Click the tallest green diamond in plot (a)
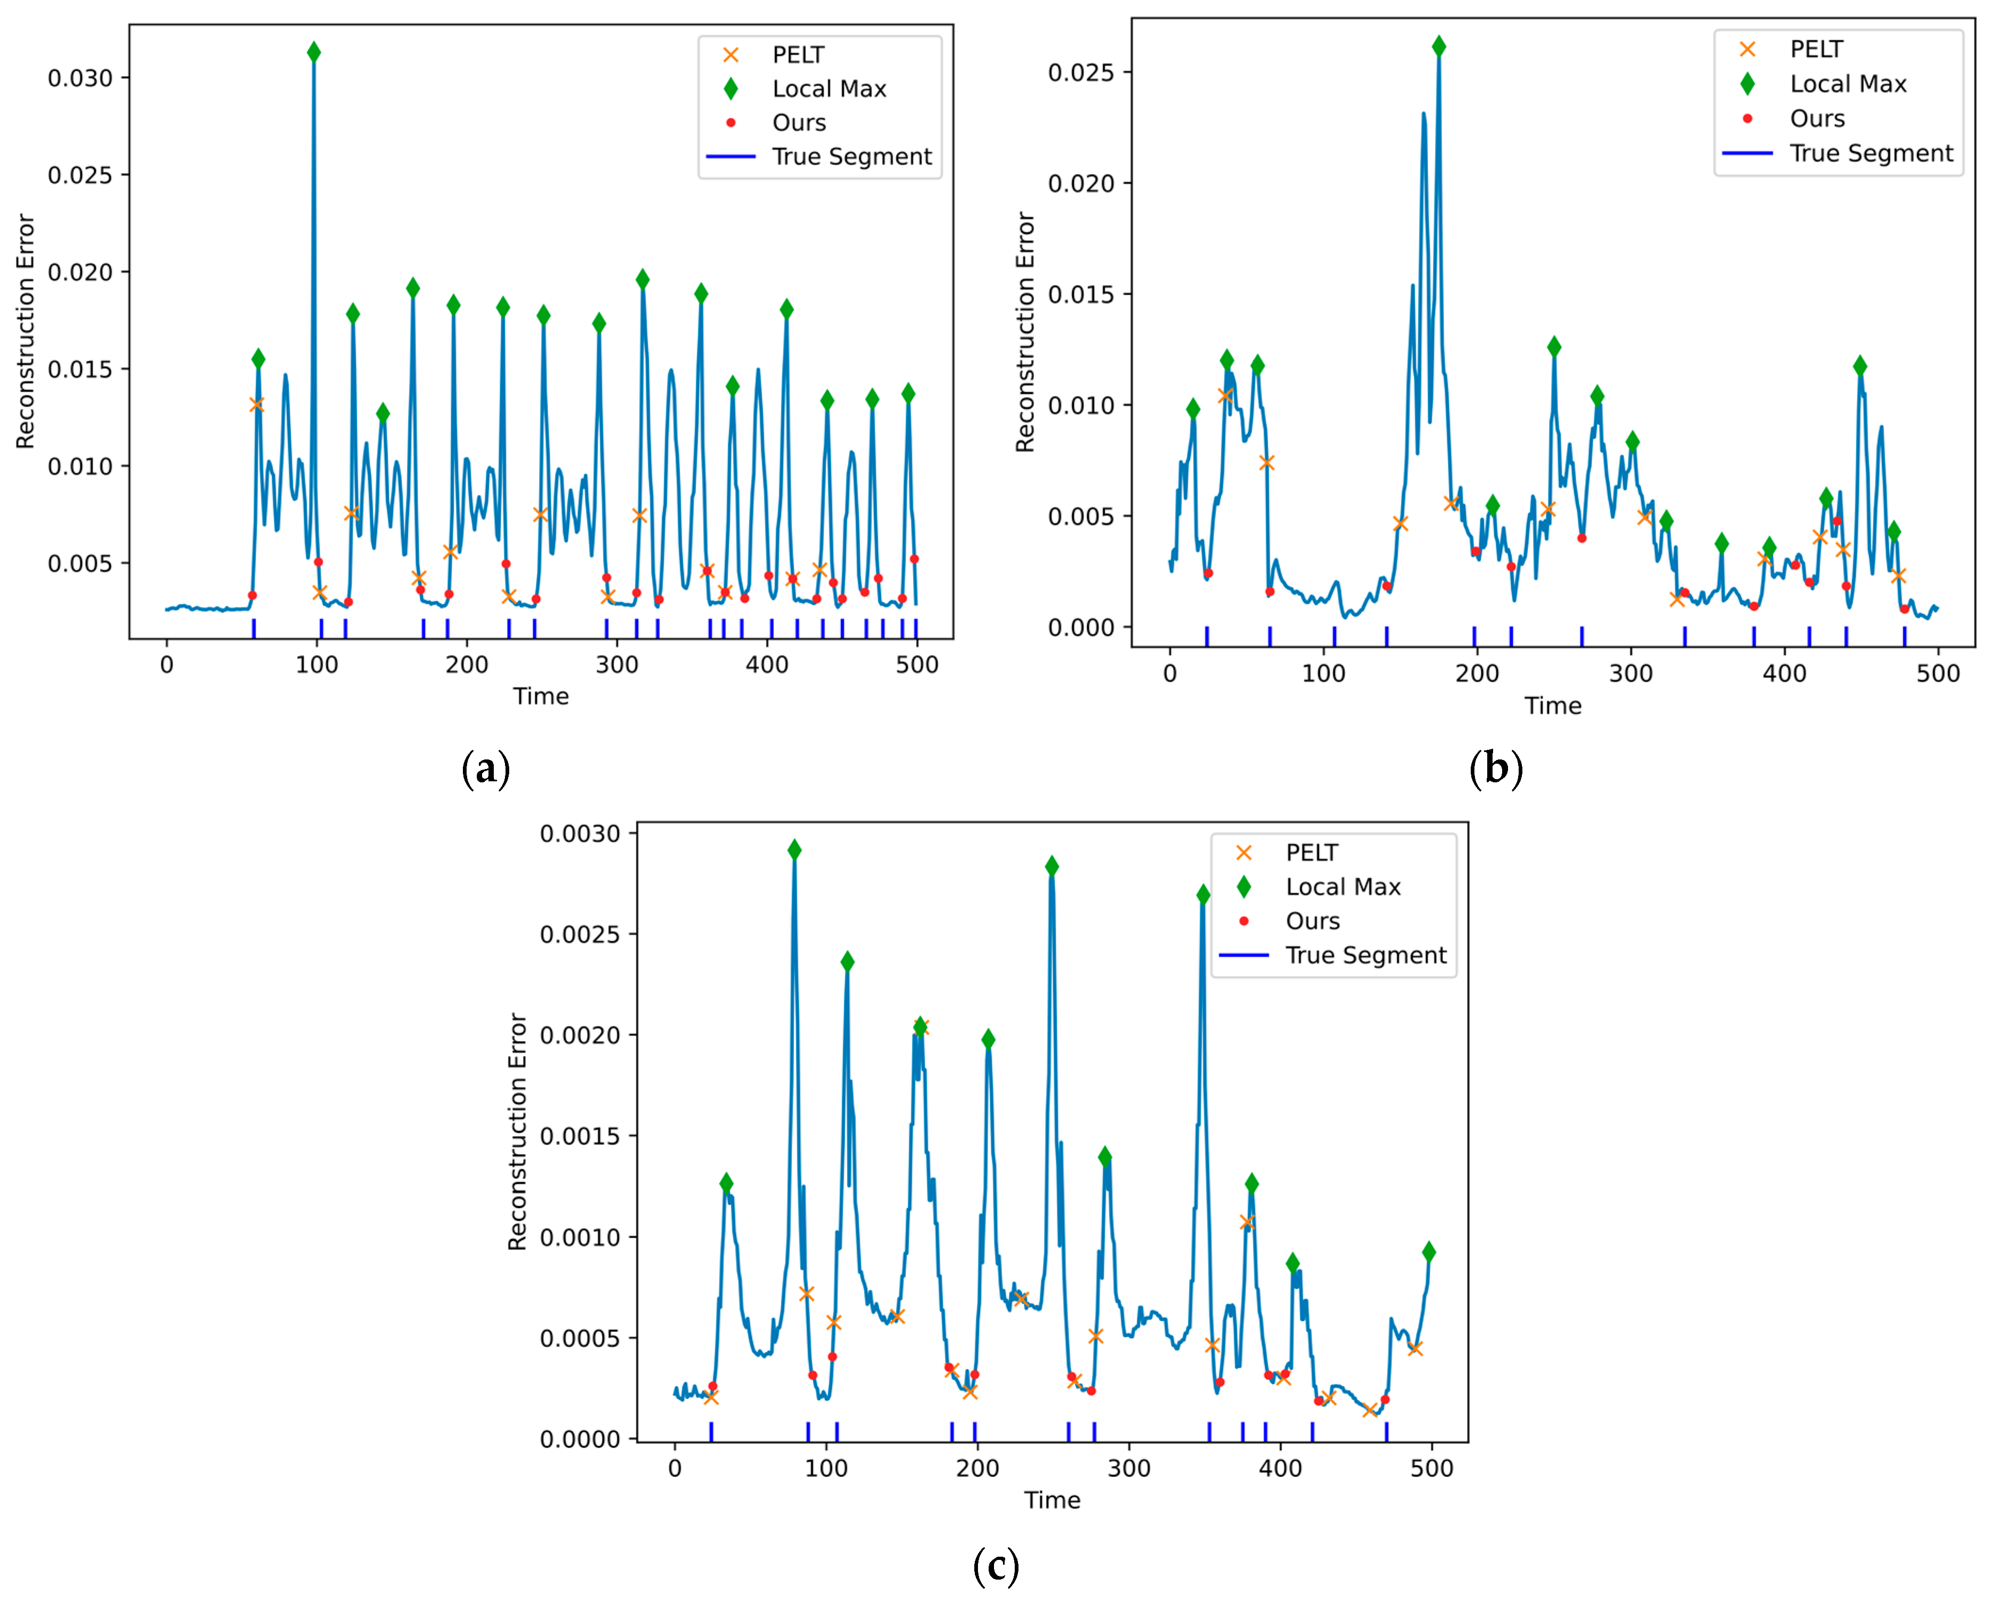click(x=313, y=52)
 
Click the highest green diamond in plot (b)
click(x=1438, y=46)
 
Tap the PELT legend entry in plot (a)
click(x=797, y=55)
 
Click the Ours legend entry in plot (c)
click(x=1312, y=921)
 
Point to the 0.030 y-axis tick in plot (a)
click(x=80, y=78)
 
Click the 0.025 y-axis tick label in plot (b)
click(x=1081, y=72)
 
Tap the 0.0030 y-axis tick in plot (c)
click(x=581, y=834)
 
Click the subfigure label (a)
click(x=486, y=769)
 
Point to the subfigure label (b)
click(x=1495, y=769)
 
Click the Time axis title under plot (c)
click(x=1052, y=1501)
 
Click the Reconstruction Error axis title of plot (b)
click(x=1024, y=332)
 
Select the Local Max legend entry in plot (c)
click(x=1341, y=887)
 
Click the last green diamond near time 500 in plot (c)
click(x=1429, y=1252)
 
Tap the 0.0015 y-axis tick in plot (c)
click(x=581, y=1136)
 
